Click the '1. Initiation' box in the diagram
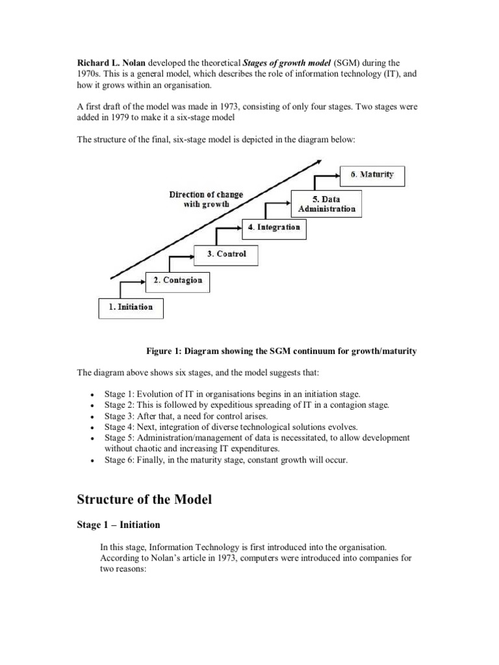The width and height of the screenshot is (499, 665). [x=131, y=307]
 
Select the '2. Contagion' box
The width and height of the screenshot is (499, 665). [x=177, y=281]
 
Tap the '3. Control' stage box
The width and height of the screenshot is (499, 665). [x=226, y=254]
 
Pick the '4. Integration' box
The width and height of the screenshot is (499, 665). [x=274, y=227]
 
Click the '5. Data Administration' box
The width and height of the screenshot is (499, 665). [x=326, y=203]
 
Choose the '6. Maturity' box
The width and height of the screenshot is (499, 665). [x=372, y=175]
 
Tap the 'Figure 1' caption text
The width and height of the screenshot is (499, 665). [x=281, y=351]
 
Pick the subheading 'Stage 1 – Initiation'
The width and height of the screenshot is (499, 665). [x=118, y=525]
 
